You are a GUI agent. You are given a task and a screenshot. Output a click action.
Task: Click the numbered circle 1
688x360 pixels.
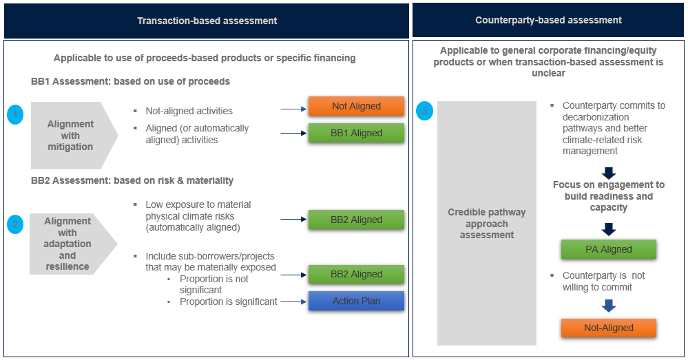point(15,115)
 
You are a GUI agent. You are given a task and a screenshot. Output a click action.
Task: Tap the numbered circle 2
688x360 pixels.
point(15,224)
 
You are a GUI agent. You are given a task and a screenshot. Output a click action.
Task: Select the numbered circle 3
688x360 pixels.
point(426,111)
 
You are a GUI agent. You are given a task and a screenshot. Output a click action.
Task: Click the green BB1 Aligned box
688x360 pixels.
point(356,133)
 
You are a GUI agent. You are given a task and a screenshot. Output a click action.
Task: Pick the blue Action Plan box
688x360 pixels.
point(356,301)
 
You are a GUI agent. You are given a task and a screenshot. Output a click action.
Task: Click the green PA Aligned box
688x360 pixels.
point(608,249)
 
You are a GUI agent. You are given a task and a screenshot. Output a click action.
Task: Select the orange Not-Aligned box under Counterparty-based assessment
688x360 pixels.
point(608,328)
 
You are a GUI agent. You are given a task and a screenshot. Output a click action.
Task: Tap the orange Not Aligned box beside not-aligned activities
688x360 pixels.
point(356,106)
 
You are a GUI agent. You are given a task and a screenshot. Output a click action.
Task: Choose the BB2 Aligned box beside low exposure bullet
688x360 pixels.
point(356,220)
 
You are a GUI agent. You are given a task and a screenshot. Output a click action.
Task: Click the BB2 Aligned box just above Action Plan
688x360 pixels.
point(356,274)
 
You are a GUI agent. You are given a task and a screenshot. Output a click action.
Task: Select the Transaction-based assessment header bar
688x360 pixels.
point(207,21)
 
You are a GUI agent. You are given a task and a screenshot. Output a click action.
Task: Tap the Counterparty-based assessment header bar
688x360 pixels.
point(548,21)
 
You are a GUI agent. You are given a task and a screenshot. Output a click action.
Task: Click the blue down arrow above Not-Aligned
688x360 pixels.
point(608,305)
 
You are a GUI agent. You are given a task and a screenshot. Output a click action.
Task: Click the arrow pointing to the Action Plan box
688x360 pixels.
point(293,301)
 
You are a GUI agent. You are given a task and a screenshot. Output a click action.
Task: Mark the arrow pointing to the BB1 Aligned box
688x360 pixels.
point(293,133)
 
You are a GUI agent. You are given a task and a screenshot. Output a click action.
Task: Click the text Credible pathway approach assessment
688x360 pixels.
point(487,223)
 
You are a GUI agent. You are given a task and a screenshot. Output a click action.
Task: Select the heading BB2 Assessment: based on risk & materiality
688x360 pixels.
point(132,180)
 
